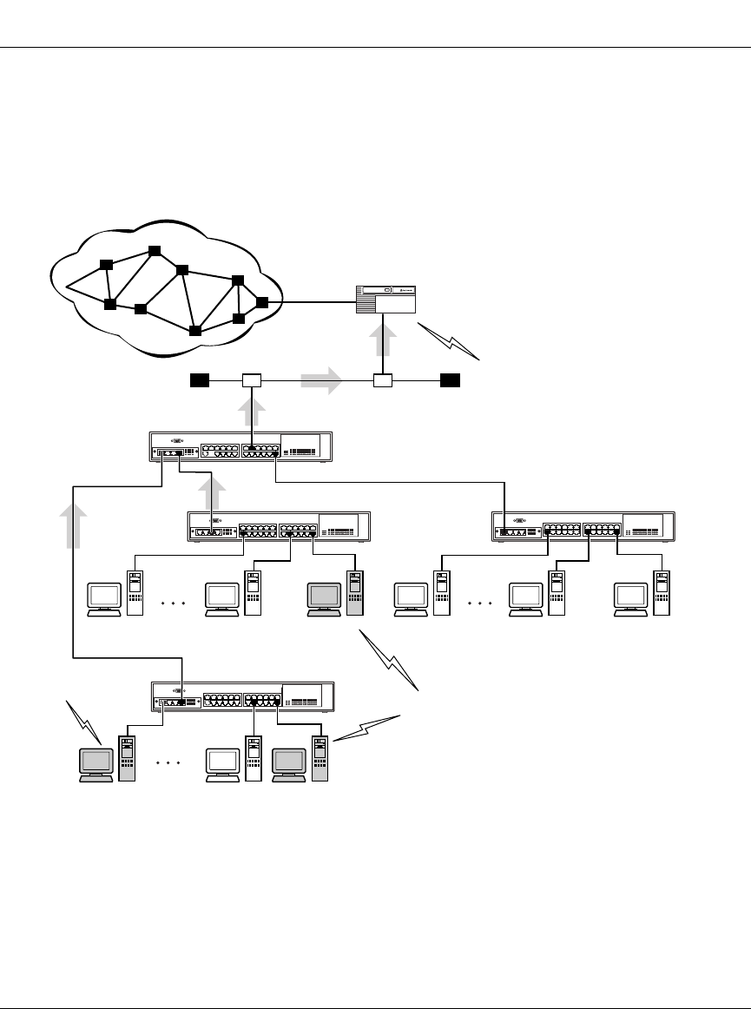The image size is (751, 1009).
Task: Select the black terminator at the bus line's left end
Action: click(201, 379)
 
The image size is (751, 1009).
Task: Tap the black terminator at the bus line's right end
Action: click(450, 379)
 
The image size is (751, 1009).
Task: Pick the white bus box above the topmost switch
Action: click(251, 380)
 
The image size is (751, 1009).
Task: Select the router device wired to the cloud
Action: click(386, 300)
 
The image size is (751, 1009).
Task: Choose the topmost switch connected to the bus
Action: click(240, 448)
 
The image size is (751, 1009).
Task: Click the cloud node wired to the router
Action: click(262, 302)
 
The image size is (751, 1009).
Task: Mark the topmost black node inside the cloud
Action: click(155, 251)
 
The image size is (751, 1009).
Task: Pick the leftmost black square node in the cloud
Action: click(105, 264)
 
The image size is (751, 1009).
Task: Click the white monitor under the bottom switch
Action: click(222, 764)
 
